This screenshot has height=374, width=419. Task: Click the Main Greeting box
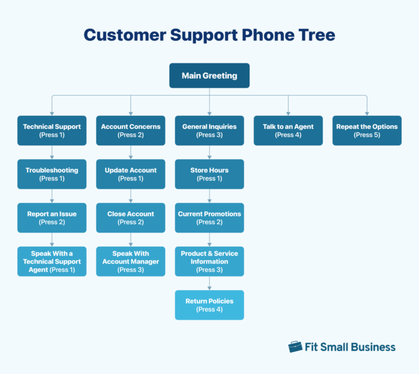(x=209, y=76)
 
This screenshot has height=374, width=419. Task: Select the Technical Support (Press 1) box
(x=52, y=131)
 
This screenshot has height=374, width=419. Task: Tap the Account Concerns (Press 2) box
(x=130, y=131)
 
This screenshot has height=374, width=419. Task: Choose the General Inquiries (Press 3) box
(x=209, y=131)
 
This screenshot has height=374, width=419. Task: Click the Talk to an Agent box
(x=288, y=131)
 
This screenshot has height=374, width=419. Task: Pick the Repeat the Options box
(x=367, y=131)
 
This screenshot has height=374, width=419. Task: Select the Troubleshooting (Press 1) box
(x=52, y=174)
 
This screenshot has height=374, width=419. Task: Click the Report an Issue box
(x=52, y=218)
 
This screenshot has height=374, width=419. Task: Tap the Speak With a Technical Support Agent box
(x=52, y=261)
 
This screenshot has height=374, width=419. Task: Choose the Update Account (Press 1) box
(x=130, y=174)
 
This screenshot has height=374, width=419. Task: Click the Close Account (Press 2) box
(x=130, y=218)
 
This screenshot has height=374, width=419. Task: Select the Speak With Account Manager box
(x=130, y=261)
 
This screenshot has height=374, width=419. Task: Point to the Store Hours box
(x=209, y=174)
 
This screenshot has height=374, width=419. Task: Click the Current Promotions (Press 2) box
(x=209, y=218)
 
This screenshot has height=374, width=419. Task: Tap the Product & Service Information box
(x=209, y=261)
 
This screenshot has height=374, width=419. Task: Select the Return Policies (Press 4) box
(x=209, y=305)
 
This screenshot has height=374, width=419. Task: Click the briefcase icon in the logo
(x=295, y=347)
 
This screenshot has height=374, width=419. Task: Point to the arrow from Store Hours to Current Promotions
(x=209, y=196)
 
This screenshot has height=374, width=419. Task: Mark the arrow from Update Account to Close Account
(x=130, y=196)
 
